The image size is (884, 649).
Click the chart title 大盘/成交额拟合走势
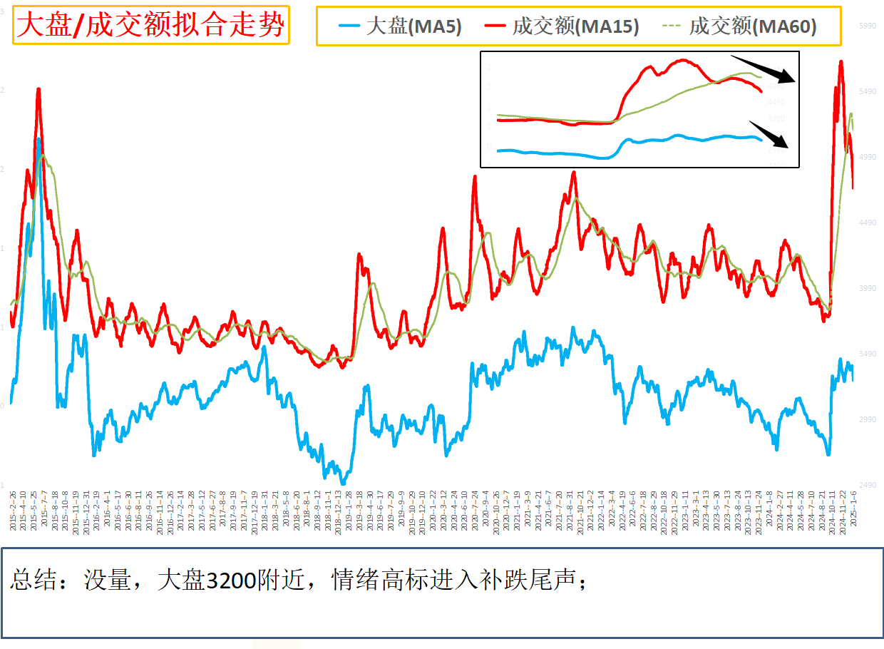[x=150, y=26]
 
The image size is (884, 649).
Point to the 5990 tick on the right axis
[x=867, y=26]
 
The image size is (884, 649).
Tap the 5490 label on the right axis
[x=867, y=91]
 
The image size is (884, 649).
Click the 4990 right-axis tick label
[x=867, y=157]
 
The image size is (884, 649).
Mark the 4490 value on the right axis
[x=867, y=223]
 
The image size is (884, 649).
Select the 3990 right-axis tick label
[x=867, y=288]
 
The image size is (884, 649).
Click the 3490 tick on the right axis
[x=867, y=354]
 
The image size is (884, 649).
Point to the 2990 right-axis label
[x=867, y=419]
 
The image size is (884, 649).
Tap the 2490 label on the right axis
[x=867, y=485]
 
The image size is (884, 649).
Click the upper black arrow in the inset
[x=762, y=68]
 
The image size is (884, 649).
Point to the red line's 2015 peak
[x=38, y=89]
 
